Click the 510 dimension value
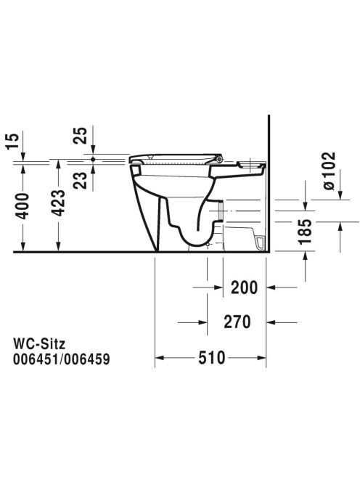212,357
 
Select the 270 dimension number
237,322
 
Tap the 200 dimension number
245,287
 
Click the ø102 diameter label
329,171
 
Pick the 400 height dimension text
22,205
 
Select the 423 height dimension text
58,203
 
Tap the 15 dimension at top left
12,141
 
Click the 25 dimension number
80,136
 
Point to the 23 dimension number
80,180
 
